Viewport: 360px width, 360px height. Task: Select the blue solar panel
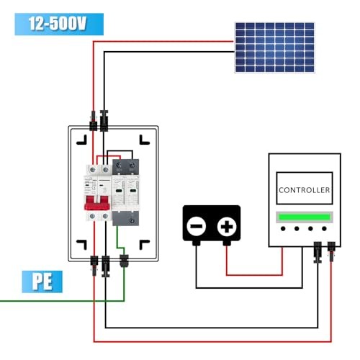click(274, 46)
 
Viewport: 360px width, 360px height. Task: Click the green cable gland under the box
click(122, 259)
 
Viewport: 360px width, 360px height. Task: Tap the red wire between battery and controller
click(252, 274)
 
